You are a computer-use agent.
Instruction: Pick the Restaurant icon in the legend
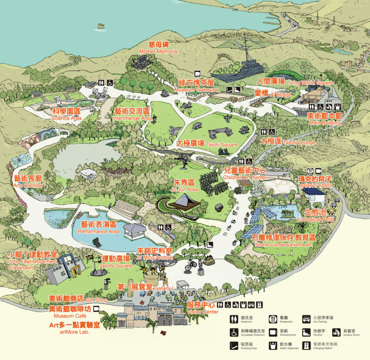pyautogui.click(x=273, y=320)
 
